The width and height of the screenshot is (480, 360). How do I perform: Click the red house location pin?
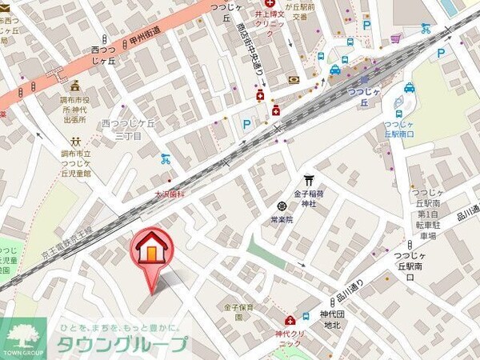(150, 250)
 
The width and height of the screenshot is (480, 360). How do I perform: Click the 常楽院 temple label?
(281, 218)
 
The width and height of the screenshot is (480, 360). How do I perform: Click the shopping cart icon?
(395, 38)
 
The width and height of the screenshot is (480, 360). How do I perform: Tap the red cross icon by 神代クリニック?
(279, 322)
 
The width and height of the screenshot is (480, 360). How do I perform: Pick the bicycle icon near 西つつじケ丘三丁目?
(166, 158)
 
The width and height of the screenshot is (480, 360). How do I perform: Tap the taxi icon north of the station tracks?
(335, 70)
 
